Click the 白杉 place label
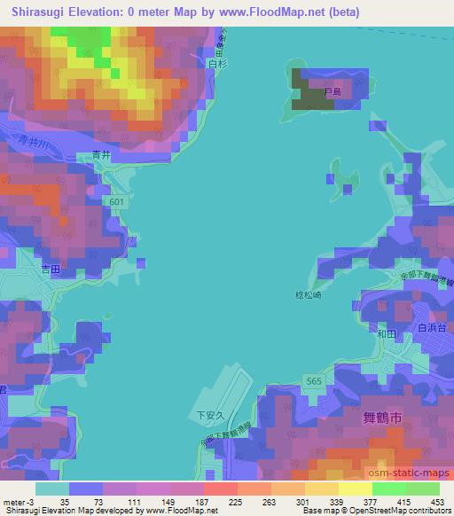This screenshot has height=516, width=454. pos(212,64)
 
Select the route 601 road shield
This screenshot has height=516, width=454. pos(118,202)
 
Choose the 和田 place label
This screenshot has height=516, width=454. pos(385,333)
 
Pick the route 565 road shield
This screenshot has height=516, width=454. pos(313,380)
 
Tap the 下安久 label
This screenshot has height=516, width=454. pos(206,413)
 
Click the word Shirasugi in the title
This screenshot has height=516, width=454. pos(39,12)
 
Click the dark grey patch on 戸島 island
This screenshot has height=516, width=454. pos(313,97)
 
